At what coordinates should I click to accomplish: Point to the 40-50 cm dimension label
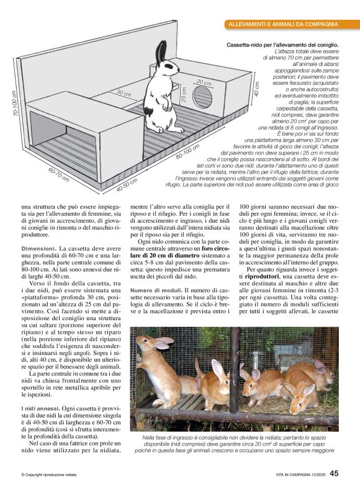tap(127, 184)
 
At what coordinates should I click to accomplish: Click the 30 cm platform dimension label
tap(124, 94)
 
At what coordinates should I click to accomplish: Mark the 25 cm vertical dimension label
tap(183, 95)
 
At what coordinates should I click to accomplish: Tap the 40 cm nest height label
tap(257, 89)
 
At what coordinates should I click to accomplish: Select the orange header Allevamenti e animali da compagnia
tap(283, 24)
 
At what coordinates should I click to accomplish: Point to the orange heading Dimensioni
tap(38, 231)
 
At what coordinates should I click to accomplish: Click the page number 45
tap(334, 473)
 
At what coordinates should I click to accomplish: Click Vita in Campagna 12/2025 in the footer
tap(294, 475)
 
